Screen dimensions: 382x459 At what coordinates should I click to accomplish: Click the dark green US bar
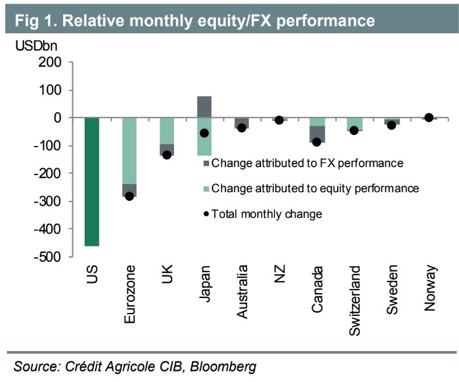pos(92,182)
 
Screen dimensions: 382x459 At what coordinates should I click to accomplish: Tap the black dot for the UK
pos(166,155)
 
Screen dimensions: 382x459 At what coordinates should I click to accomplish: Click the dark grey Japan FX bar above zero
pos(204,107)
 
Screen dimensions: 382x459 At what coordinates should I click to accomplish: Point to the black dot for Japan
pos(204,133)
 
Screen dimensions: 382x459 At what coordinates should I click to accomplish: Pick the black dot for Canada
pos(317,142)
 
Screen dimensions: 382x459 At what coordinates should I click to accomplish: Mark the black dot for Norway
pos(429,117)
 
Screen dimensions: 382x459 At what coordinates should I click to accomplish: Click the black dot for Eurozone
pos(129,196)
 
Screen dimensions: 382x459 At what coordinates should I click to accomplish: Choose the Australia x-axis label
pos(242,291)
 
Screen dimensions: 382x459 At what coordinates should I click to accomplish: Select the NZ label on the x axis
pos(279,275)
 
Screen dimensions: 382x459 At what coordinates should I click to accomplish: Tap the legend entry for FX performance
pos(307,163)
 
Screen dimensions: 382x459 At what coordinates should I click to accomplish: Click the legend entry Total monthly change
pos(266,214)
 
